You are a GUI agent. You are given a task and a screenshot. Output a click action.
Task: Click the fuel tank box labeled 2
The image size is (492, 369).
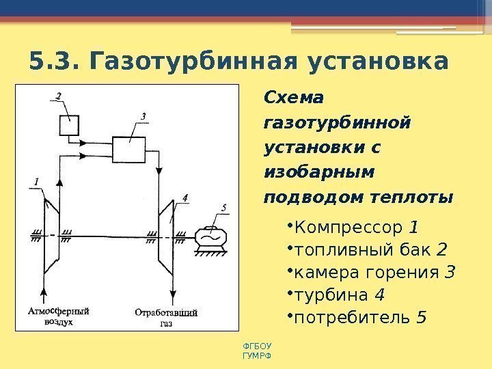[68, 126]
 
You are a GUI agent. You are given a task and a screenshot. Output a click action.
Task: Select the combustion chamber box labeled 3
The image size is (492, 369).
[128, 148]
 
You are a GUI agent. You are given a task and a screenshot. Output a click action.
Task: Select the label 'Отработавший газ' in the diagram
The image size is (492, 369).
[166, 318]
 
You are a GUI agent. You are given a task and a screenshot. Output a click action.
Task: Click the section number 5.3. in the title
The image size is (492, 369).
[54, 62]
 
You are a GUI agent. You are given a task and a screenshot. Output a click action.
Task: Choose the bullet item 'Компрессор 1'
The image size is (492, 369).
[356, 227]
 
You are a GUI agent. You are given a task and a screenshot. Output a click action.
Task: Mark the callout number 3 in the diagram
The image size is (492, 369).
[143, 117]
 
